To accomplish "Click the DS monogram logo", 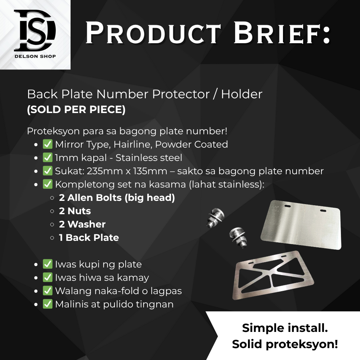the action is pyautogui.click(x=35, y=31).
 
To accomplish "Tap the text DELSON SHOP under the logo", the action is pyautogui.click(x=35, y=57).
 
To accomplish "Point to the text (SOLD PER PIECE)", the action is pyautogui.click(x=76, y=109).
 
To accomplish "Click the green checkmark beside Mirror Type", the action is pyautogui.click(x=48, y=144).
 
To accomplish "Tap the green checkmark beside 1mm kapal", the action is pyautogui.click(x=48, y=158).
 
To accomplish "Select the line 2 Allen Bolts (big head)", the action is pyautogui.click(x=117, y=198).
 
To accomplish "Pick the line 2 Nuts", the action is pyautogui.click(x=75, y=211).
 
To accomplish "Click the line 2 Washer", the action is pyautogui.click(x=82, y=224).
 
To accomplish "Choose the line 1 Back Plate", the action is pyautogui.click(x=89, y=238).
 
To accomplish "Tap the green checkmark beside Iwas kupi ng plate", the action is pyautogui.click(x=48, y=264).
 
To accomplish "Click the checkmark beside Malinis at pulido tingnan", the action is pyautogui.click(x=48, y=304).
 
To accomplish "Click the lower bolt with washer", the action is pyautogui.click(x=239, y=238).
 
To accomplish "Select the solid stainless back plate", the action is pyautogui.click(x=301, y=225).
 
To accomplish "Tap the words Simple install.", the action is pyautogui.click(x=285, y=328).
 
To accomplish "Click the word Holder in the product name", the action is pyautogui.click(x=242, y=94).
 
